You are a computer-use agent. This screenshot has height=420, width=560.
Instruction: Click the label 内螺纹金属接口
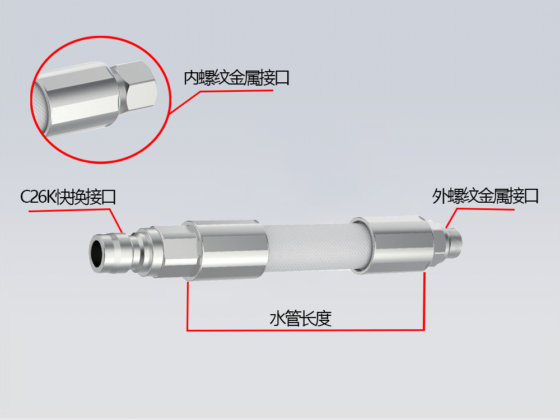(236, 78)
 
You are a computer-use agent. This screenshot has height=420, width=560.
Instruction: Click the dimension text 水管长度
(301, 319)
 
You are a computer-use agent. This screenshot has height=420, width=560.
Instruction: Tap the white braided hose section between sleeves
(308, 246)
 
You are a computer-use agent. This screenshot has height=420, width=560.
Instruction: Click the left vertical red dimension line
(188, 305)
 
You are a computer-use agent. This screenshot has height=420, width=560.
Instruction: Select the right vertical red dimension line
(424, 300)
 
